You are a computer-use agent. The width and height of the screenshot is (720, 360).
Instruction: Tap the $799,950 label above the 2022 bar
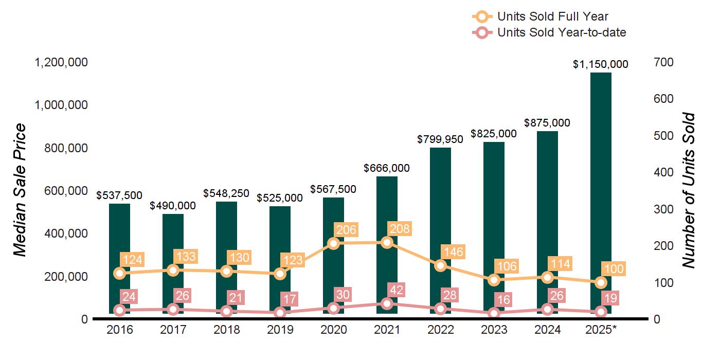pos(440,139)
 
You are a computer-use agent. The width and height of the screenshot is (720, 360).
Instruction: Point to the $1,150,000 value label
pos(601,64)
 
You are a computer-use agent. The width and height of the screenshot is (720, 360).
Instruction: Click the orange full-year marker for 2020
pos(333,243)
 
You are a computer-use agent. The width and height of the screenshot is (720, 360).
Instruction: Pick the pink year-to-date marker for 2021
pos(387,303)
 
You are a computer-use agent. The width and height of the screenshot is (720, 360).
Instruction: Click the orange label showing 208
pos(400,229)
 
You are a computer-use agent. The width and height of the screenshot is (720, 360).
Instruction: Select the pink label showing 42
pos(395,290)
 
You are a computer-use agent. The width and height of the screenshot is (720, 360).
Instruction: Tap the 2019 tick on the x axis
pos(280,330)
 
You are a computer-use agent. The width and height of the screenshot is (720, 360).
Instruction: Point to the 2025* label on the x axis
pos(600,330)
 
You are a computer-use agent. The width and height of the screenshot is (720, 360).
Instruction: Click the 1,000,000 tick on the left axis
pos(61,105)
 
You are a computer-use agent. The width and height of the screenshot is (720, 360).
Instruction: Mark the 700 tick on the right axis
pos(664,62)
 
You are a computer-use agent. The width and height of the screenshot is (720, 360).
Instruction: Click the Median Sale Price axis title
pos(20,190)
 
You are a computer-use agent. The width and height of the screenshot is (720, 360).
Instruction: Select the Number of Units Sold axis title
pos(689,190)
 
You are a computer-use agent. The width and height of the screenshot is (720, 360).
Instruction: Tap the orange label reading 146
pos(453,252)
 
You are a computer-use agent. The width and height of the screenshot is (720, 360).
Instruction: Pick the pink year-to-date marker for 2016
pos(119,310)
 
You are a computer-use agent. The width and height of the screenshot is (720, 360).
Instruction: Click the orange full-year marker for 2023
pos(494,280)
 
